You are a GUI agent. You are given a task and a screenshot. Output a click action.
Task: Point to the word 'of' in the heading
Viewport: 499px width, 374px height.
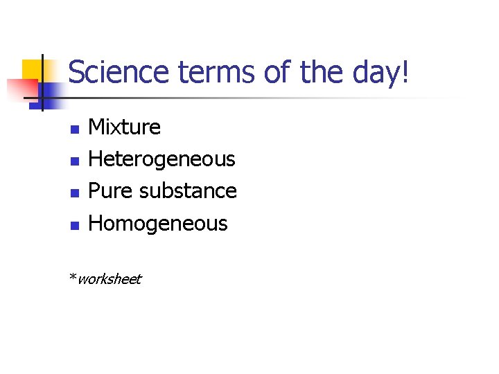[275, 72]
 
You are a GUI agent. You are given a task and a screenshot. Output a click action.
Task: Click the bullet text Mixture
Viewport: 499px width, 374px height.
[125, 127]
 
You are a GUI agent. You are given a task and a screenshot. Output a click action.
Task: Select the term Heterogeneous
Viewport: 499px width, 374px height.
[162, 159]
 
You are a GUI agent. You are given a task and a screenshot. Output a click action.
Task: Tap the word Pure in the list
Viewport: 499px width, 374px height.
[111, 190]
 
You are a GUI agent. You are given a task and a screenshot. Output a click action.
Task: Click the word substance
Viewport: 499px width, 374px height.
[188, 190]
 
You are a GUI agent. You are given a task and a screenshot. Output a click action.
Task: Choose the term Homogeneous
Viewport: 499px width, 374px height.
[158, 223]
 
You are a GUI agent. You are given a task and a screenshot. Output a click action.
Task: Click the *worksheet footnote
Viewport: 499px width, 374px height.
[105, 279]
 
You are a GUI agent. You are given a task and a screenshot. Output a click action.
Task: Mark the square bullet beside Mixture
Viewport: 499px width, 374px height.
[74, 129]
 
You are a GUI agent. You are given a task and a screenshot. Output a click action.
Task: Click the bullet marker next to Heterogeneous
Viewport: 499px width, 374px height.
[74, 161]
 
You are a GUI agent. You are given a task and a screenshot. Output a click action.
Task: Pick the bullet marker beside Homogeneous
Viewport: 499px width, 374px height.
[74, 224]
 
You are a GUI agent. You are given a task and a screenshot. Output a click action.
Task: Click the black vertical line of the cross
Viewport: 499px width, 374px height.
[42, 83]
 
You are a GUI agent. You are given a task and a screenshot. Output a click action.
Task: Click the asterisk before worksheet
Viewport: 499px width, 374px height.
[72, 277]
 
